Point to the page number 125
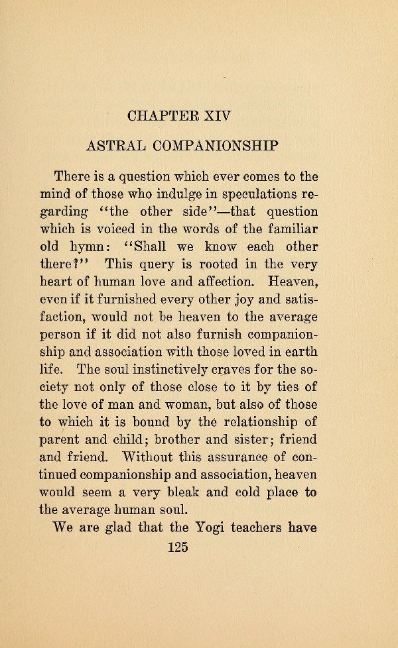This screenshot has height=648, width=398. click(178, 547)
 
